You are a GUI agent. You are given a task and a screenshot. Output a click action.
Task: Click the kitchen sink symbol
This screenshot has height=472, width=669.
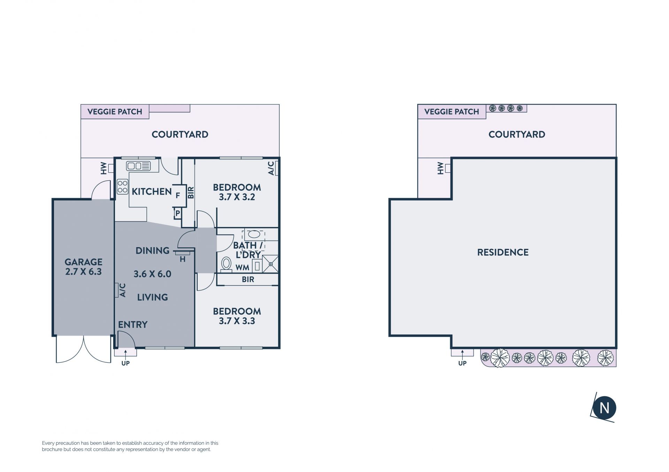point(138,166)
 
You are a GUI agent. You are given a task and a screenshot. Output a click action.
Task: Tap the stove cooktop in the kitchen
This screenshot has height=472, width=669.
point(122,186)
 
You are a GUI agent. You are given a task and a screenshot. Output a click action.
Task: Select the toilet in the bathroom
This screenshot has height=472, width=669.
point(226,264)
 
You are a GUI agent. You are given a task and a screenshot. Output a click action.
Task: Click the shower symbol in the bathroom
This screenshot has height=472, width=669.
point(270,264)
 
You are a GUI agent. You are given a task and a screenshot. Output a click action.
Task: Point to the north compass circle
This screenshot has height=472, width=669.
point(605,408)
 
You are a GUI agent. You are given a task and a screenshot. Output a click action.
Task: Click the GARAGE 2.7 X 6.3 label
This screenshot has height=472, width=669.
point(84,267)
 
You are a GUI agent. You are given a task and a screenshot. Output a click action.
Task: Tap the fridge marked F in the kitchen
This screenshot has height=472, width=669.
point(178,196)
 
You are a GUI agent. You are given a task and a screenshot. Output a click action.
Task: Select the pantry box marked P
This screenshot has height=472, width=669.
point(177,213)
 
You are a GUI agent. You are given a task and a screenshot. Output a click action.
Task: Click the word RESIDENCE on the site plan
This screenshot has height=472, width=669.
point(503,252)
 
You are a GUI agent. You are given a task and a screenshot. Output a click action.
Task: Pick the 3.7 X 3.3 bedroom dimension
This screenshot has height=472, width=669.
point(237,321)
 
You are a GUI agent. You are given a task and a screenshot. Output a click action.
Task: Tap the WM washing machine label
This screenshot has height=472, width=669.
point(243,268)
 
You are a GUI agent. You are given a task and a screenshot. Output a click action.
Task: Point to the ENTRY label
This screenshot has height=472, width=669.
point(133,325)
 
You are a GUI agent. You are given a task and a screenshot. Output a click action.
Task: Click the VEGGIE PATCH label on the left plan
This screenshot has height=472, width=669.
point(115,112)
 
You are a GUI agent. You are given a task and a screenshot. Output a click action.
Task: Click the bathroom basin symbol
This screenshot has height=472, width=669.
point(254,234)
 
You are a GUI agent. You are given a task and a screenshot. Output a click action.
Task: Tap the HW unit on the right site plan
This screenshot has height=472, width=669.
point(448,168)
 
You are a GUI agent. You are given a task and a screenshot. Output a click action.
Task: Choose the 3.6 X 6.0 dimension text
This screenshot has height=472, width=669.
point(153,274)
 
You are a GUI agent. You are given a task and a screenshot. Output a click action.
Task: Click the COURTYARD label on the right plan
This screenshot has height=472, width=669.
point(517,134)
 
